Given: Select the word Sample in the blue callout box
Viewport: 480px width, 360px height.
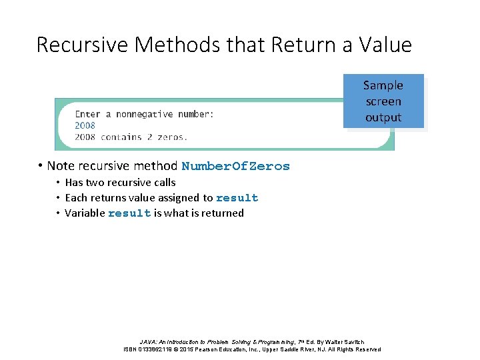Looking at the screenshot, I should coord(383,85).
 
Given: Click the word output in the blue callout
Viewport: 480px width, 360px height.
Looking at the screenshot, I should coord(383,117).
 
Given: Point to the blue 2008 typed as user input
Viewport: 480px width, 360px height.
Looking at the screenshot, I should coord(85,125).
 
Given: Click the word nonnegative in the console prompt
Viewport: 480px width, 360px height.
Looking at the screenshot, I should coord(144,114).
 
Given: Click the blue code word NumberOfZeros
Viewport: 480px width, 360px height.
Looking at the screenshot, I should coord(236,167).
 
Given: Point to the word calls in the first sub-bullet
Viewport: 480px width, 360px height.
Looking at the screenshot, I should coord(163,182).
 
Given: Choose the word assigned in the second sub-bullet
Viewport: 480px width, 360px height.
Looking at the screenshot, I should coord(179,197).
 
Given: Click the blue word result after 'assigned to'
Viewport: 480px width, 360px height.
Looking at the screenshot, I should coord(237,198).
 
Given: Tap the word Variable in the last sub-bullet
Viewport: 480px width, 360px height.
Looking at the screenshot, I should coord(85,213).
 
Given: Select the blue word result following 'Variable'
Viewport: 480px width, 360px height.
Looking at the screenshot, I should coord(129,213).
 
